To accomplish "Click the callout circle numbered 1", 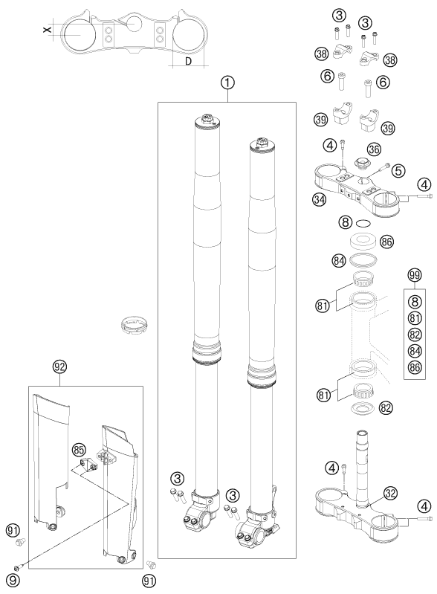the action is pos(227,83).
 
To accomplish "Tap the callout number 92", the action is pos(60,367).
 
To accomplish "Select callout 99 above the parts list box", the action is pos(415,275).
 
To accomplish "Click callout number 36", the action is pos(374,149).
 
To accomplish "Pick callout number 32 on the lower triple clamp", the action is pos(390,493).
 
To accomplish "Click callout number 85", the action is pos(79,451).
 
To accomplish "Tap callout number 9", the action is pos(13,581).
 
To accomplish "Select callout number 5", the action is pos(398,171).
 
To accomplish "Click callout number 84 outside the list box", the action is pos(340,261).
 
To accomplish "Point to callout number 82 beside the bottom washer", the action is pos(386,408).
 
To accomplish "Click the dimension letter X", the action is pos(47,29).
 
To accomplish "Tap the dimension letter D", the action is pos(189,61).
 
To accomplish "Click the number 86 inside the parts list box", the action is pos(415,367).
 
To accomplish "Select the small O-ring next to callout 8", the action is pos(363,223).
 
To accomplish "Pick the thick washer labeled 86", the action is pos(363,241).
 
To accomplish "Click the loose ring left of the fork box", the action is pos(135,326).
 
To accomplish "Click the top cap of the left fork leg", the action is pos(207,120).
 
